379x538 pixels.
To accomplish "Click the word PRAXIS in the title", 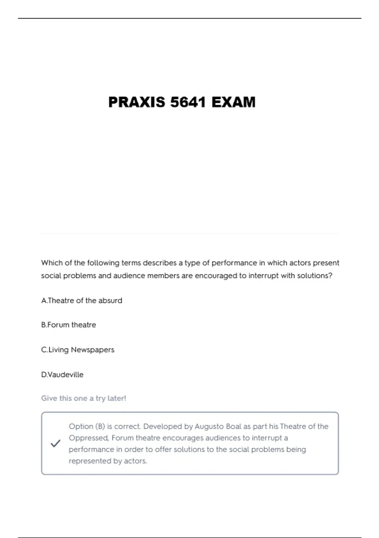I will [136, 102].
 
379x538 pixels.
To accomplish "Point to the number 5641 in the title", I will [188, 102].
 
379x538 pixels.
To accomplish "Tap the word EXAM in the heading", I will [233, 102].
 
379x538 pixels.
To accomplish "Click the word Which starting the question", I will [52, 263].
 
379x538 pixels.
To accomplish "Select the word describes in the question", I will [159, 263].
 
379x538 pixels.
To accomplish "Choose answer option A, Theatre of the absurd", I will [81, 300].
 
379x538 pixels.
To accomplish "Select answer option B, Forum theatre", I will [69, 325].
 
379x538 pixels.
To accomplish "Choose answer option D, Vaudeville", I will [62, 374].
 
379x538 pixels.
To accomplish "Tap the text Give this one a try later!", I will [83, 398].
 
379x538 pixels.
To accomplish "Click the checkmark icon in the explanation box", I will [55, 443].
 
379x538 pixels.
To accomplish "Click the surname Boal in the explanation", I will [234, 427].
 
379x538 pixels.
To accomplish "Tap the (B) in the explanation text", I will [100, 427].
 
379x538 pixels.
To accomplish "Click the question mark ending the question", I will [330, 276].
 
